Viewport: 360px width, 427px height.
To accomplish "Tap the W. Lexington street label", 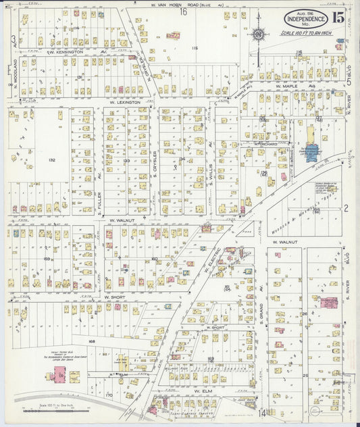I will point(125,102).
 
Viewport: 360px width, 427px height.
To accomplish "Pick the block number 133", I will point(126,161).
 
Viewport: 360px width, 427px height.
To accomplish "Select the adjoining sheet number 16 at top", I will point(183,11).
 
